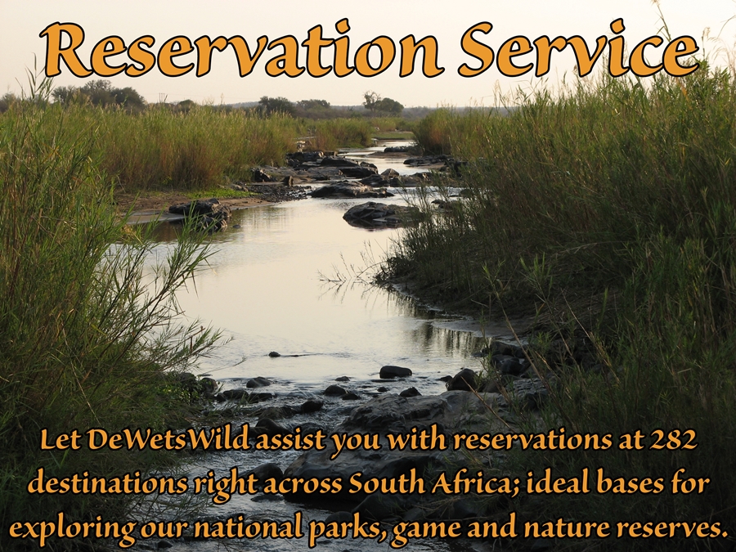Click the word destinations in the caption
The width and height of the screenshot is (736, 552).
pyautogui.click(x=107, y=483)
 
